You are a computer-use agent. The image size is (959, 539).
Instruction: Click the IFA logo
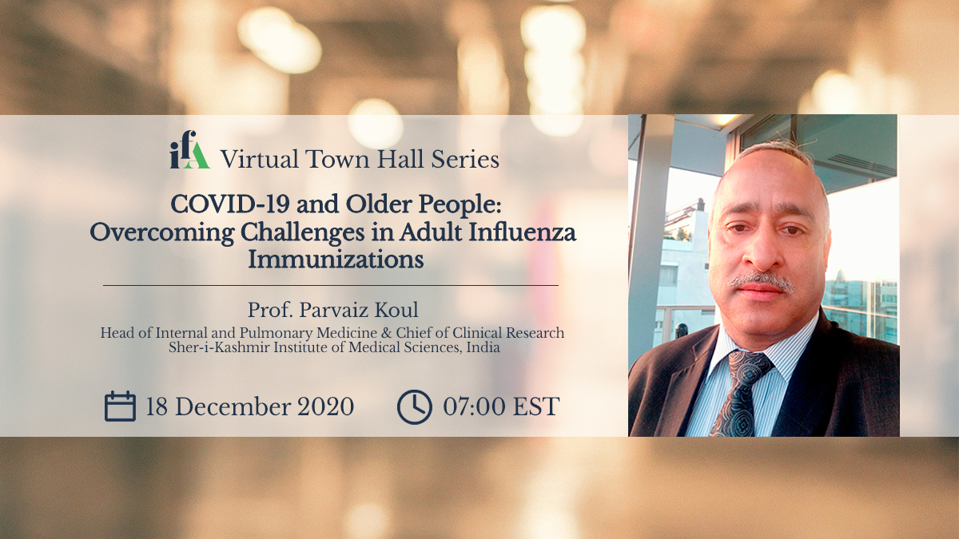(189, 150)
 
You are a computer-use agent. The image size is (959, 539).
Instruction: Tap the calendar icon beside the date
(121, 406)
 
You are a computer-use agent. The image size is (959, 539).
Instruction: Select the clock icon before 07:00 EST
(415, 406)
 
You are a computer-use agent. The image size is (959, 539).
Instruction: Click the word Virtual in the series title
(260, 159)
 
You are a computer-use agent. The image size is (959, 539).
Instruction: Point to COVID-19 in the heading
(230, 204)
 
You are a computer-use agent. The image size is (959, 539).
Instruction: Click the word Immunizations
(336, 260)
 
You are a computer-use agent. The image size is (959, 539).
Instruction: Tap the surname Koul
(397, 310)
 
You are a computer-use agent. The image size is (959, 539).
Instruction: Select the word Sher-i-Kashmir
(219, 347)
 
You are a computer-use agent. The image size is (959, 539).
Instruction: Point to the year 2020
(326, 406)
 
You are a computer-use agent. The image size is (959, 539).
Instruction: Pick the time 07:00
(474, 406)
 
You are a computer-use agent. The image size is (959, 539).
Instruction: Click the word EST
(536, 406)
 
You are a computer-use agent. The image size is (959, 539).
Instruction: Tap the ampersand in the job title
(387, 333)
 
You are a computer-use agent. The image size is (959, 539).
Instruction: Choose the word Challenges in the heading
(302, 233)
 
